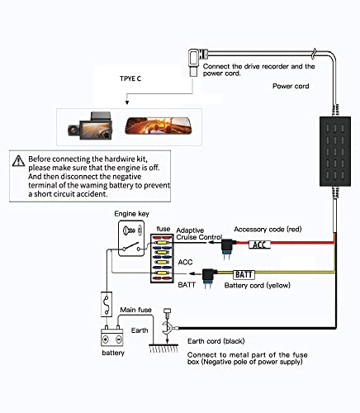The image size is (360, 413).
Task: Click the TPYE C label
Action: click(130, 78)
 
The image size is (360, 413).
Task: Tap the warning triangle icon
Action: click(18, 161)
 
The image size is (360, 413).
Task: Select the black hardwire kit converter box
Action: click(335, 151)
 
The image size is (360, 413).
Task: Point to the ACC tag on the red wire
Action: click(259, 244)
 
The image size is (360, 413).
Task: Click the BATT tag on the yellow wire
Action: click(244, 274)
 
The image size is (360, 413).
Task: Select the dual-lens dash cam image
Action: click(90, 126)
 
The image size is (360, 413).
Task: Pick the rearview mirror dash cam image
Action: click(159, 126)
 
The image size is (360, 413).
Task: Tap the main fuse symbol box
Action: click(107, 304)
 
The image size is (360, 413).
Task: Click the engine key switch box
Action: click(131, 239)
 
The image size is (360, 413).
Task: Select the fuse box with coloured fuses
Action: click(161, 259)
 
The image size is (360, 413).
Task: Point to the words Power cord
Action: click(291, 86)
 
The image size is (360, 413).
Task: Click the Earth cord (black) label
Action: click(216, 341)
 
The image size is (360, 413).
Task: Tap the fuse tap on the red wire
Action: click(228, 249)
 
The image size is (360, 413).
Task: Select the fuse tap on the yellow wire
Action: click(209, 278)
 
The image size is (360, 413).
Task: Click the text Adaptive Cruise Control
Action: click(199, 234)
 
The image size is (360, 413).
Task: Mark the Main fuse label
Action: click(135, 310)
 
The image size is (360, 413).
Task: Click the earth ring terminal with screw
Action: click(168, 325)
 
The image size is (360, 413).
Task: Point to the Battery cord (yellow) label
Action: click(258, 286)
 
